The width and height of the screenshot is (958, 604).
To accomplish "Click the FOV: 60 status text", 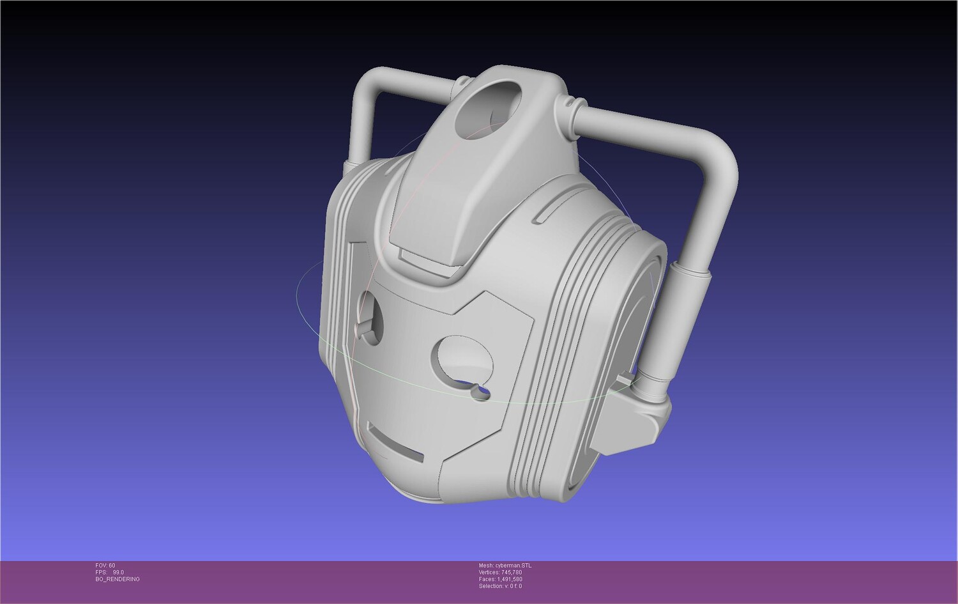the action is click(x=105, y=566).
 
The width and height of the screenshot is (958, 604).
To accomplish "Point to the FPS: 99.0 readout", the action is click(x=109, y=572).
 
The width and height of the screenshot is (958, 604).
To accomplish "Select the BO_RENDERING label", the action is click(x=117, y=579).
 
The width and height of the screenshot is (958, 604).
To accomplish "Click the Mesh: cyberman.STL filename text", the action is click(x=505, y=566).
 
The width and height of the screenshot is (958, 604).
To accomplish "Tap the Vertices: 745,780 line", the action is click(x=500, y=572).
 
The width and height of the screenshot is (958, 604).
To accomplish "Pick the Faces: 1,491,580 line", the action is click(x=500, y=579).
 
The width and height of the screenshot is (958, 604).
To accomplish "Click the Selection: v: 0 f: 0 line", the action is click(x=500, y=586).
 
